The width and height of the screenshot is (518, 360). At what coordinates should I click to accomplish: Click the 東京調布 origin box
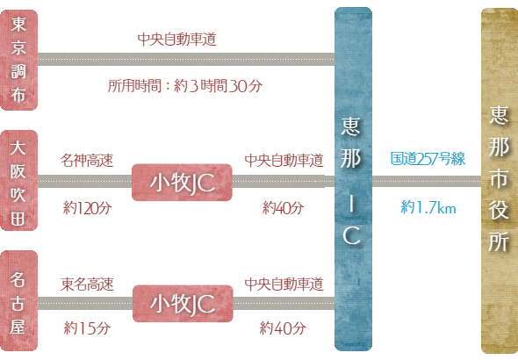18,60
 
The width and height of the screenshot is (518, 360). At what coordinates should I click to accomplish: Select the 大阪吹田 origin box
18,180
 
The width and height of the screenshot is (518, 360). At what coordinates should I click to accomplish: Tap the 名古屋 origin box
18,300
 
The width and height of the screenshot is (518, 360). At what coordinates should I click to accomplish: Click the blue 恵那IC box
353,179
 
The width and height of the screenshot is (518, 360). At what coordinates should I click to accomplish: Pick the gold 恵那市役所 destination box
500,181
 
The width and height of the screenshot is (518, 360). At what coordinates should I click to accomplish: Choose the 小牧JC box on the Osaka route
182,183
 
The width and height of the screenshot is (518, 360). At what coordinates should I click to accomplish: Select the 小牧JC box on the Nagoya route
183,304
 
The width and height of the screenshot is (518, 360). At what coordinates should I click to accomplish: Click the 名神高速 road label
87,161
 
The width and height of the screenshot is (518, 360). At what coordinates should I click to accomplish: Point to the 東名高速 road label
87,284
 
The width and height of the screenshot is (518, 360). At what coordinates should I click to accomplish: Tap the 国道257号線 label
428,159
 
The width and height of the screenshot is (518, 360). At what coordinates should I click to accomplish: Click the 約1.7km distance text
428,207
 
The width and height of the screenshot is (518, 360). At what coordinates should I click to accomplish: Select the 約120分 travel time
88,208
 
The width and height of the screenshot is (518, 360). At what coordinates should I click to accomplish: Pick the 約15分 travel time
87,328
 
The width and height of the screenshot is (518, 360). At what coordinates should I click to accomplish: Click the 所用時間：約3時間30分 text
185,86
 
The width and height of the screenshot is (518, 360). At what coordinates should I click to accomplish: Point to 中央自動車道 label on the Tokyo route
177,40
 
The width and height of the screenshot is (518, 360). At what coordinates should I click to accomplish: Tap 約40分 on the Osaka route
283,208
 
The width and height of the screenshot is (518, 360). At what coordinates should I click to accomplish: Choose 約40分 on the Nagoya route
283,328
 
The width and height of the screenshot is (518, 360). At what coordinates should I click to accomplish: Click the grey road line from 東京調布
186,60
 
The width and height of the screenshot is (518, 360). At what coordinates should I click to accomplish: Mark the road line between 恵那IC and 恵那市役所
427,181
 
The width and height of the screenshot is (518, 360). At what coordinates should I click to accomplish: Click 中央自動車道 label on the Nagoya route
284,284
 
